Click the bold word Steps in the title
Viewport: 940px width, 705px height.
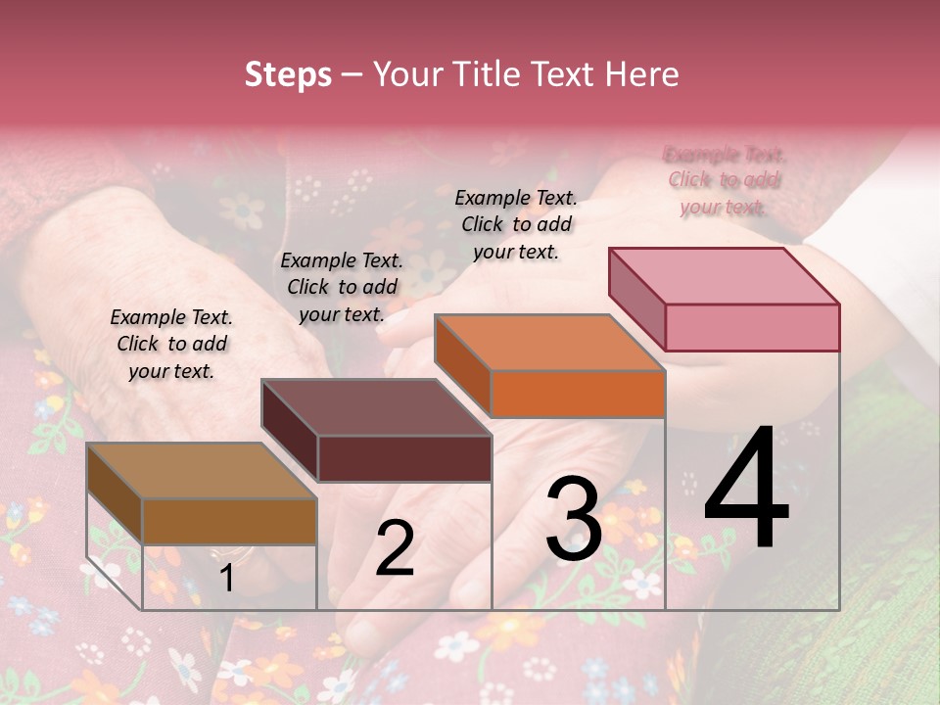[x=288, y=74]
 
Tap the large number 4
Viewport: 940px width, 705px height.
[x=746, y=490]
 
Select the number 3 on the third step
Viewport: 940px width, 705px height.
[x=573, y=519]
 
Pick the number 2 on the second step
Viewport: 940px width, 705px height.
[x=395, y=548]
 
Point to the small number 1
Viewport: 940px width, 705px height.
[x=226, y=579]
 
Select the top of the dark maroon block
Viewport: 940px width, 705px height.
[x=377, y=407]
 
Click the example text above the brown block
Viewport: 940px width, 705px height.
[x=171, y=344]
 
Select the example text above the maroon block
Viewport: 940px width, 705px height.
[x=342, y=287]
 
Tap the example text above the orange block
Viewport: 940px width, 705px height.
[x=516, y=224]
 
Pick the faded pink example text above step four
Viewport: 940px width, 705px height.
[x=724, y=180]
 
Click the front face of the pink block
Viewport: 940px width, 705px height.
[x=752, y=327]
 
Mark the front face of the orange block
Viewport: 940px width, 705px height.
[x=578, y=394]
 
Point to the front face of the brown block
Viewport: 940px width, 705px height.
[x=229, y=521]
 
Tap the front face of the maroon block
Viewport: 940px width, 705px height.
[x=404, y=458]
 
